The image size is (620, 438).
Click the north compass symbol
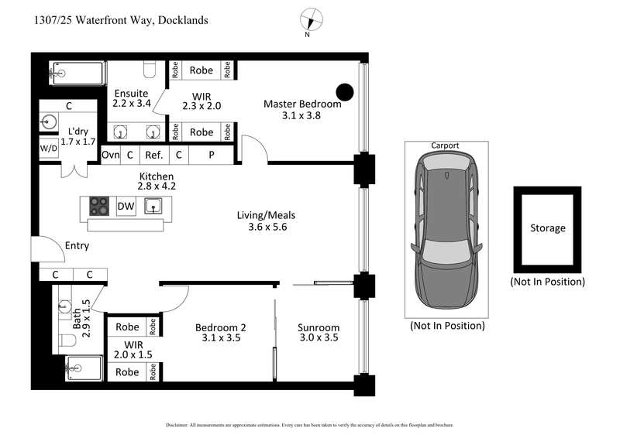pos(308,21)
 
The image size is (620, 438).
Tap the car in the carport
pos(446,231)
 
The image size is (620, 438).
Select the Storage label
pos(547,228)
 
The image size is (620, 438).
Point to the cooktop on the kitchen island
pos(100,206)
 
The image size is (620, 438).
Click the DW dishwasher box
pos(126,206)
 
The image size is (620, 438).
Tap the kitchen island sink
pos(154,206)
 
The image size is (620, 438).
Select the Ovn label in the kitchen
pos(110,155)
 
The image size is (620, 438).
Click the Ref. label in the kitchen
pos(154,155)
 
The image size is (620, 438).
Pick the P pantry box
pos(212,155)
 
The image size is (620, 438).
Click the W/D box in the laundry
pos(48,148)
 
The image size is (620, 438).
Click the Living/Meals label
pos(266,215)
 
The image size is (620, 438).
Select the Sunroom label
pos(319,327)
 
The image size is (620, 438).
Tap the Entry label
pos(77,246)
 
